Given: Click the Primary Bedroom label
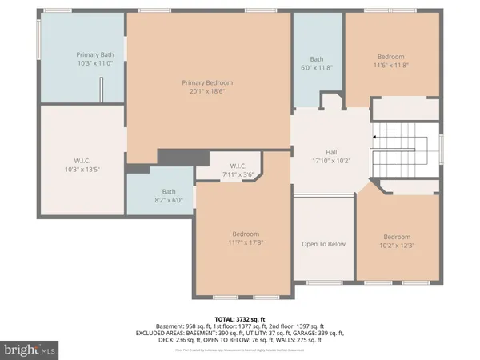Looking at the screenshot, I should tap(207, 82).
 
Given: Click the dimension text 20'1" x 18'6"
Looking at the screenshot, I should tap(207, 91).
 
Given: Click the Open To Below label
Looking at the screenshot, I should tap(322, 244).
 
